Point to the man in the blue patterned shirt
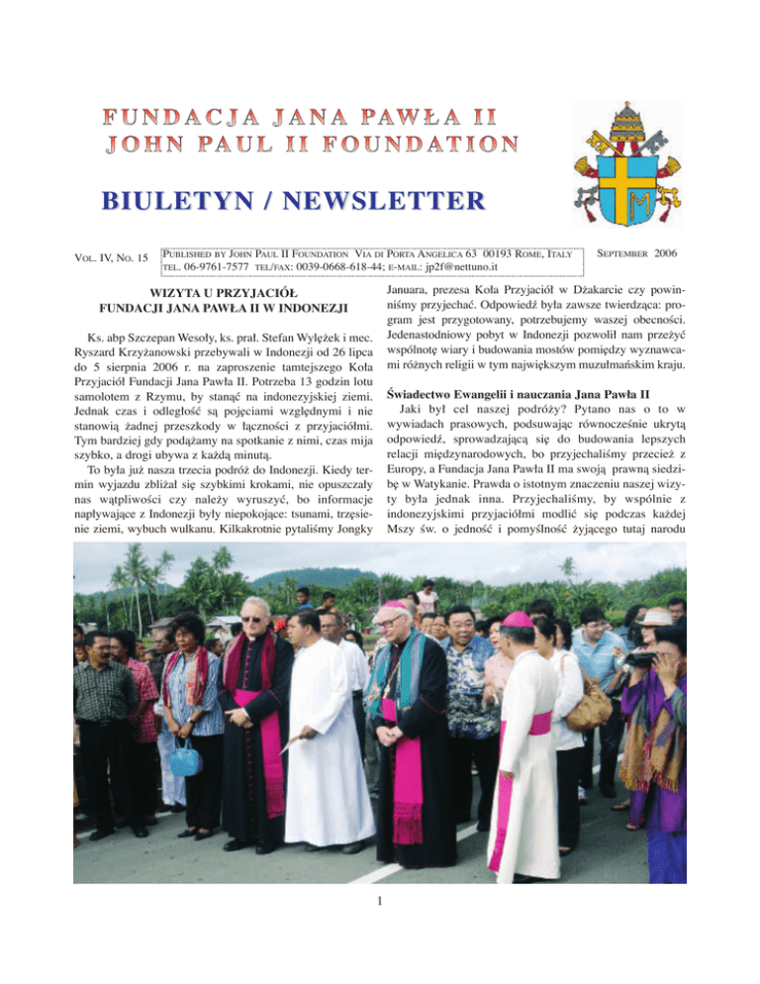click(x=471, y=713)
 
